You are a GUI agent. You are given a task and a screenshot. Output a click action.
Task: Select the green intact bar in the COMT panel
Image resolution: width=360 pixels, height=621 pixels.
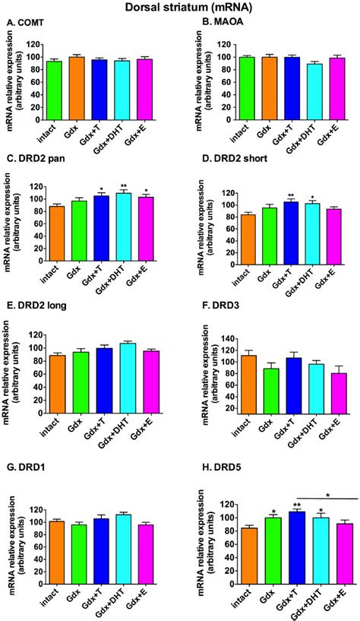pyautogui.click(x=54, y=90)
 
